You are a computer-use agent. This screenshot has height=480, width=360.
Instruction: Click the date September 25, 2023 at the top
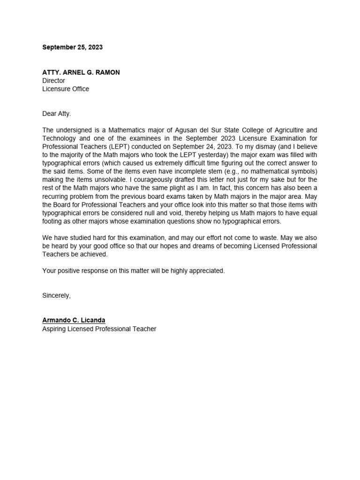[x=72, y=47]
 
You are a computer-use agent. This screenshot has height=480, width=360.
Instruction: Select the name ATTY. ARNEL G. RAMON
[x=81, y=72]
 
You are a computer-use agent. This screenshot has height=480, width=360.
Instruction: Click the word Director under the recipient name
[x=53, y=81]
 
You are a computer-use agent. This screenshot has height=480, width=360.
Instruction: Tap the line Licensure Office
[x=65, y=89]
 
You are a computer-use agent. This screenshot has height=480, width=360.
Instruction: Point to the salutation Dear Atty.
[x=56, y=113]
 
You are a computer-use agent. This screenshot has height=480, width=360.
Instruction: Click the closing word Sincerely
[x=56, y=295]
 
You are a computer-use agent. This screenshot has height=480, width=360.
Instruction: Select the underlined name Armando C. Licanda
[x=74, y=320]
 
